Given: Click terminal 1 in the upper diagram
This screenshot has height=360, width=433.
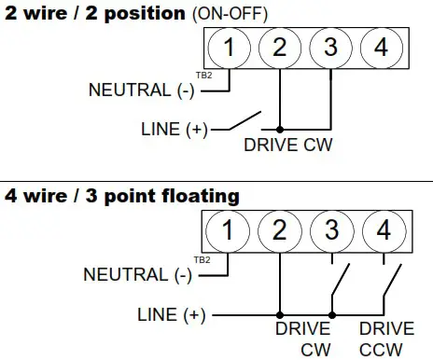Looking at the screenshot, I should pyautogui.click(x=229, y=47).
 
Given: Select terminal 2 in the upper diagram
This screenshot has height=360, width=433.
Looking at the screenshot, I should pyautogui.click(x=280, y=47).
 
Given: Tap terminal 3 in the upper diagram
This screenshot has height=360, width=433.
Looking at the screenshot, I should pyautogui.click(x=330, y=47).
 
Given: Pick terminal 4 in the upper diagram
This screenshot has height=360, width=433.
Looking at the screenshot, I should pyautogui.click(x=381, y=47).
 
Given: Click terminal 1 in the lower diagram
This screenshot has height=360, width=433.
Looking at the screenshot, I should pyautogui.click(x=229, y=228).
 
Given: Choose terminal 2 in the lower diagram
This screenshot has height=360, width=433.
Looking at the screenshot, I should pyautogui.click(x=279, y=228).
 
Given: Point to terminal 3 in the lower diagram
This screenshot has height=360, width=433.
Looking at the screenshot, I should pyautogui.click(x=330, y=228).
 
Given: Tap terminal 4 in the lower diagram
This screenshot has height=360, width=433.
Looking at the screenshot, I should pyautogui.click(x=381, y=228).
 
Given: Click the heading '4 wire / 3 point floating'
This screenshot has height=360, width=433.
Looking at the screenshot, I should pyautogui.click(x=121, y=196).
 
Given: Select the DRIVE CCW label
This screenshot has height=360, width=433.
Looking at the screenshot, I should pyautogui.click(x=386, y=339).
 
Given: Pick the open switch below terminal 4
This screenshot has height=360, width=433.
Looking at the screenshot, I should pyautogui.click(x=393, y=282).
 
